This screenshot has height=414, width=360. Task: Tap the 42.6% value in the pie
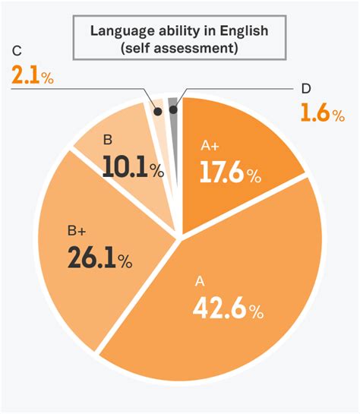coord(228,309)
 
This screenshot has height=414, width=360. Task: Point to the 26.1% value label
coord(99,258)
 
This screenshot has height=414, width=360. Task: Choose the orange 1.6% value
coord(322,114)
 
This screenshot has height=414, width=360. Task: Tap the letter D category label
coord(305,89)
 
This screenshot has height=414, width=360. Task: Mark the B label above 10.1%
coord(107,141)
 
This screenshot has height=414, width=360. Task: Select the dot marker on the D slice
coord(173,109)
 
